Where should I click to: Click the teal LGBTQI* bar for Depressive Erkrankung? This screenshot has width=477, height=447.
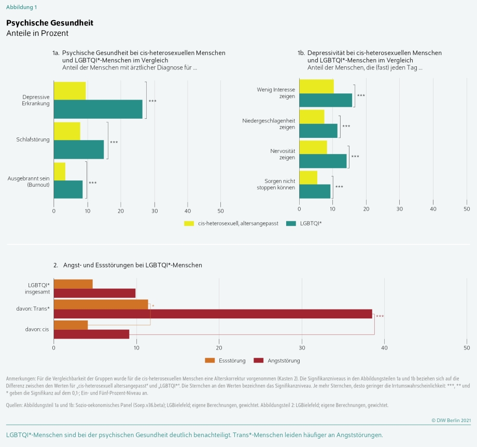pos(98,109)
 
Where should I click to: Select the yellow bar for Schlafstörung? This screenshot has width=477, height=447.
pos(67,131)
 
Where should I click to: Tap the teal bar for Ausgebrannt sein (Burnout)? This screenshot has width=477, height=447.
pos(68,189)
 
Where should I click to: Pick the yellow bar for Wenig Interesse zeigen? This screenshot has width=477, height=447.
pos(316,86)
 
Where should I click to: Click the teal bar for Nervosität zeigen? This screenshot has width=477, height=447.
pos(322,161)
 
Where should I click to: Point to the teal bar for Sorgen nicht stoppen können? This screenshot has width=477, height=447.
pos(315,191)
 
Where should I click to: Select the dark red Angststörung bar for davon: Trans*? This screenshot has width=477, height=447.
pos(213,314)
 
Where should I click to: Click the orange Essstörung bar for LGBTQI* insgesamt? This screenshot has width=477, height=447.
pos(73,284)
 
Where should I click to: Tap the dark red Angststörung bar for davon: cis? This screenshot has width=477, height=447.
pos(91,334)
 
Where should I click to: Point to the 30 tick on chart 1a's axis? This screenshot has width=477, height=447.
pos(154,211)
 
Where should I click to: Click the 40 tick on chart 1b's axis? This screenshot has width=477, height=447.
pos(433,208)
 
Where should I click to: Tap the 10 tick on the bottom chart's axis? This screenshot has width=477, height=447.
pos(136,347)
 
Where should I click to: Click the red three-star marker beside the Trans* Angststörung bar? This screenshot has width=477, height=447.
pos(380,316)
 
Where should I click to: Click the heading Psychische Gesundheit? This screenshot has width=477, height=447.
pos(50,23)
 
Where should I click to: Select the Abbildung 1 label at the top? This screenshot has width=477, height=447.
pos(21,7)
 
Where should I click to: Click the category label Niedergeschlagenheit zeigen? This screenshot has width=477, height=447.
pos(269,124)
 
